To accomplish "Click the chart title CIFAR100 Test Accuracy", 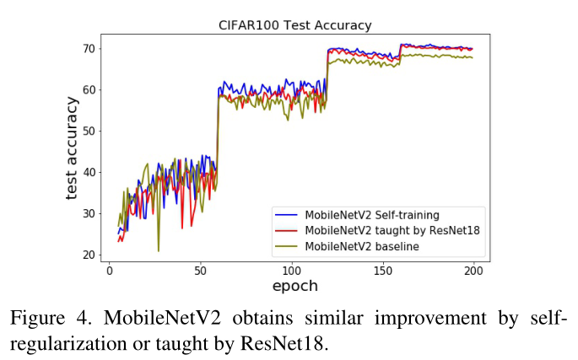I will pos(294,25).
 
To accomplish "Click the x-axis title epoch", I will pos(294,286).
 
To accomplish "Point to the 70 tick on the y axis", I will pos(88,48).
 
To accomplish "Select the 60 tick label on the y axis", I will pos(88,89).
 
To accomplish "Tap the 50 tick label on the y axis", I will pos(88,131).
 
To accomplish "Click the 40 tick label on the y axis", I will pos(88,172).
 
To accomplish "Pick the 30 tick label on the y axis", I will pos(88,213).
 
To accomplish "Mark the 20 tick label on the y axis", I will pos(88,255).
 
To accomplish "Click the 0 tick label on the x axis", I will pos(109,270).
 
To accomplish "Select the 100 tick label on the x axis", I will pos(291,270).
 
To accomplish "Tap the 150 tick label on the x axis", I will pos(382,270).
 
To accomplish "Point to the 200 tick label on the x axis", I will pos(473,270).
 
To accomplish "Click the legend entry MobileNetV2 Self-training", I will pos(372,215).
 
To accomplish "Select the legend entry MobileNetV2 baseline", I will pos(362,245).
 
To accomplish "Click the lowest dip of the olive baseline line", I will pos(158,250).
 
